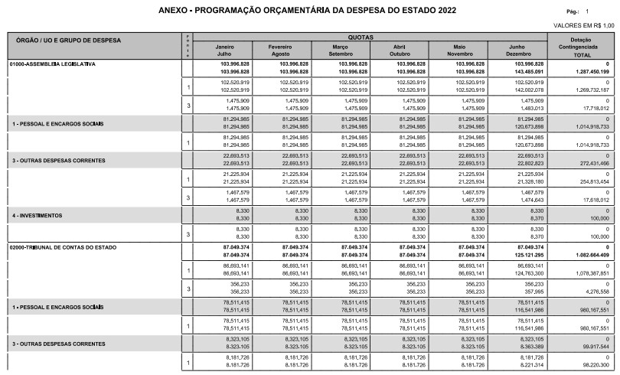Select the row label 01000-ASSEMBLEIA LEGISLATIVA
(53, 64)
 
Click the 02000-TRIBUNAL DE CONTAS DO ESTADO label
(62, 248)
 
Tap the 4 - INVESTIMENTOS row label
(37, 215)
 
